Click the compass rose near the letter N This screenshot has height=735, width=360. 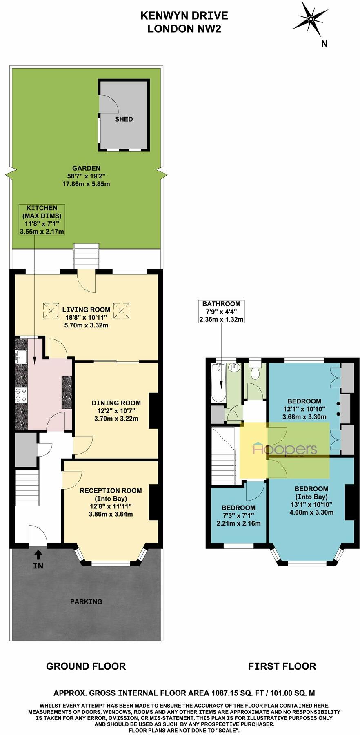pos(310,19)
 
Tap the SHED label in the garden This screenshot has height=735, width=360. pos(123,119)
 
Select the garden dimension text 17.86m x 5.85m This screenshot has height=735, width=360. pos(86,184)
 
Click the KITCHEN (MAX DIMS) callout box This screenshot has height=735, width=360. pos(42,220)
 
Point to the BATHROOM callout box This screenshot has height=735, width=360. pos(221,311)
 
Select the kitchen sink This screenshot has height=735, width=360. pos(20,356)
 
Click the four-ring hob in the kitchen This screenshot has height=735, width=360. pos(20,394)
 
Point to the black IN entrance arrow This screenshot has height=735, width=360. pos(38,555)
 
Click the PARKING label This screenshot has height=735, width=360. pos(86,601)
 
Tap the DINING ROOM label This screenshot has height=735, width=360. pos(116,403)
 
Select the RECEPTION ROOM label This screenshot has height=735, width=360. pos(111,490)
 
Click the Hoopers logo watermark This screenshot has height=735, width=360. pos(285,449)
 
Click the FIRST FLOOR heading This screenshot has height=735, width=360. pos(282,666)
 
